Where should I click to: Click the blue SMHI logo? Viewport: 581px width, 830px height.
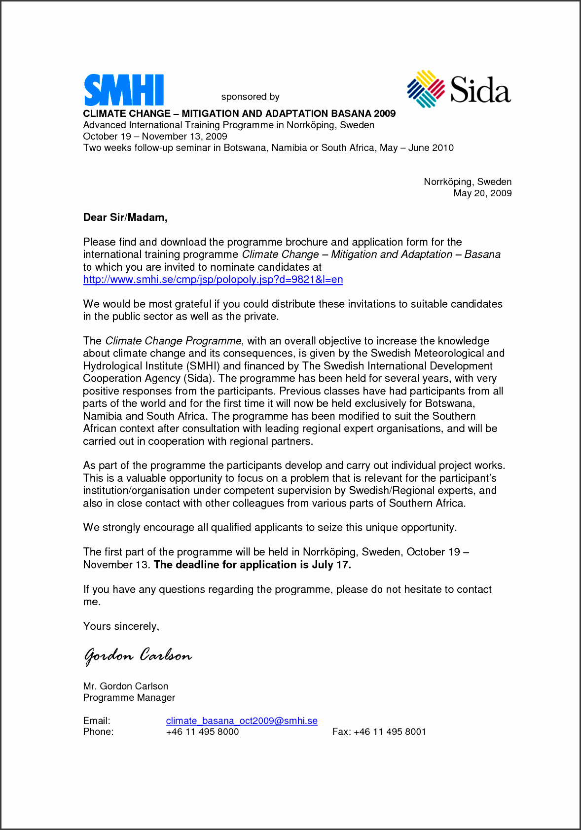click(123, 90)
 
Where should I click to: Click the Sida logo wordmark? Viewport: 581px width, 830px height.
click(480, 90)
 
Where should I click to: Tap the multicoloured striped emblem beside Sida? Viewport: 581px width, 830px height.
click(426, 89)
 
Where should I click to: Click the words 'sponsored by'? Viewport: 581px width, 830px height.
click(250, 97)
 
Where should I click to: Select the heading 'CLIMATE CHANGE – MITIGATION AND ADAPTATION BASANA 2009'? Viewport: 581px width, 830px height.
click(239, 113)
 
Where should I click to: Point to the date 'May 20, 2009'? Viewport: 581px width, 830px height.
click(482, 193)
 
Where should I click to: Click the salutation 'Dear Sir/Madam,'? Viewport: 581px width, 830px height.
click(125, 217)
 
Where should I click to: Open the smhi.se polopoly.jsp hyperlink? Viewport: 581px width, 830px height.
click(213, 280)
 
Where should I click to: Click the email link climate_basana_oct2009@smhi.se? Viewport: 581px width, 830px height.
click(242, 721)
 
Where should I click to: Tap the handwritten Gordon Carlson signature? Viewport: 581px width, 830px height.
click(138, 655)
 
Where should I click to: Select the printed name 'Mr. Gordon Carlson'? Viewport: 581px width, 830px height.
click(125, 686)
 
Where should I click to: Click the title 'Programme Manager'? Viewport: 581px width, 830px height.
click(129, 697)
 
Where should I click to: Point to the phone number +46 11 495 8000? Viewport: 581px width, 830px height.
click(202, 732)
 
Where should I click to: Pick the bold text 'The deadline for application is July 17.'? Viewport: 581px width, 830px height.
click(252, 565)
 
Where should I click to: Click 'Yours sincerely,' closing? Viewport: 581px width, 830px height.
click(121, 626)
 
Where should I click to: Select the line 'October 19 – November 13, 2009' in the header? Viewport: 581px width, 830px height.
click(155, 137)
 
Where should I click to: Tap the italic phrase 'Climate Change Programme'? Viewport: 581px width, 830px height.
click(173, 341)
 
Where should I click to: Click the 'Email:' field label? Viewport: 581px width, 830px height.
click(97, 721)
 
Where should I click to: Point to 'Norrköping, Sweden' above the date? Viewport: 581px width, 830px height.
click(467, 182)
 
